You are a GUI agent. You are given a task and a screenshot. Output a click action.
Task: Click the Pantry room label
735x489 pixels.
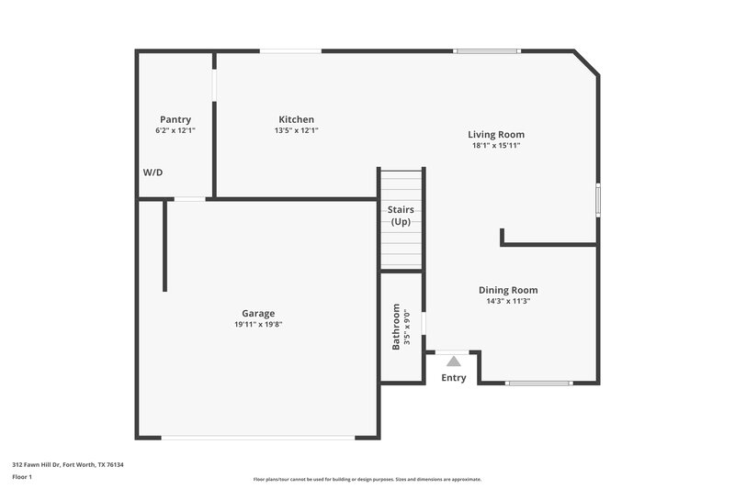coord(175,119)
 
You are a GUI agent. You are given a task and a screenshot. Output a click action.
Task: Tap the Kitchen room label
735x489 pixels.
coord(297,119)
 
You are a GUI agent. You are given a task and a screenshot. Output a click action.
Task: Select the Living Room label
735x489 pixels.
coord(496,134)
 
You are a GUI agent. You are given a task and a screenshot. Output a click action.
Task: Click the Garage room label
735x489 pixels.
coord(257,313)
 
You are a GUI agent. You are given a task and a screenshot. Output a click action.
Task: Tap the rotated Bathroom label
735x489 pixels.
coord(397,327)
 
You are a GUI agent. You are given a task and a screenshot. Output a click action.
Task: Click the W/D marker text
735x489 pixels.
coord(153,172)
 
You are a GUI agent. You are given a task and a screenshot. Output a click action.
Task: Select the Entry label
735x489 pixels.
coord(454,378)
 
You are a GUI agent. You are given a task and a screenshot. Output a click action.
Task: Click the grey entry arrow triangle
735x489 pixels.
coord(454,361)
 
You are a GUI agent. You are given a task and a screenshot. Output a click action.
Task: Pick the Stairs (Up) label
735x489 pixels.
coord(401,216)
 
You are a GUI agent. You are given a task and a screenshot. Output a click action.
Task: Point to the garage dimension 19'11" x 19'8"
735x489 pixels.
coord(257,324)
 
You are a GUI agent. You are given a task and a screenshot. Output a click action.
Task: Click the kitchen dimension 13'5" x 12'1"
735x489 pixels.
coord(297,130)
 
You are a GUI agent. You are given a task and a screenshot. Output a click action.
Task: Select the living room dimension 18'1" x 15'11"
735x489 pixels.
coord(496,145)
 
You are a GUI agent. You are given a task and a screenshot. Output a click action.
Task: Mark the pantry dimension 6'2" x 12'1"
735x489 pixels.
coord(175,130)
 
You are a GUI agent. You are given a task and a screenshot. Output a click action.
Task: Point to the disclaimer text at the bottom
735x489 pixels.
coord(367,479)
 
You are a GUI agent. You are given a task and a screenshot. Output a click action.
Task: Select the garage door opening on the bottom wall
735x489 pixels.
coord(258,437)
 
